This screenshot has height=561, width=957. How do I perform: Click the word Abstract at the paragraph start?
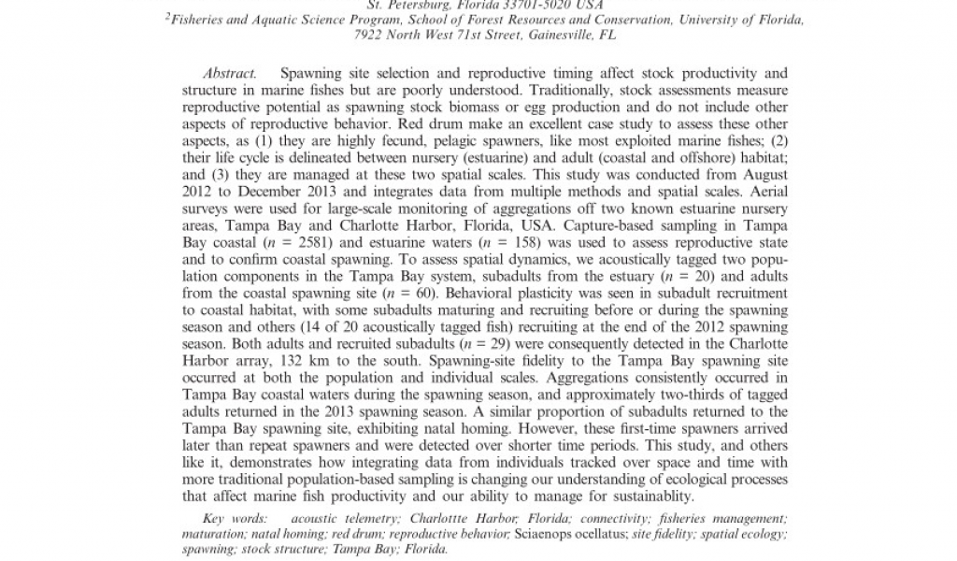230,73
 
